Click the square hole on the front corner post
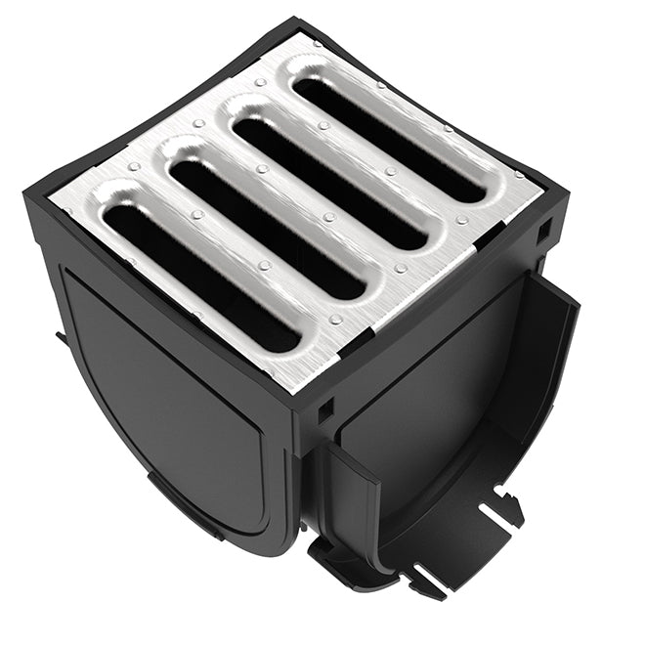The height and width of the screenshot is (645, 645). pos(324,408)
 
